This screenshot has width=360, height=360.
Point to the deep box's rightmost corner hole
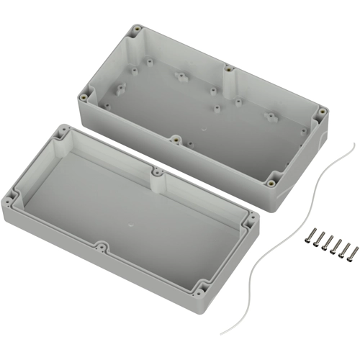[323, 112]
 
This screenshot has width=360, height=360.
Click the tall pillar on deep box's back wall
[227, 71]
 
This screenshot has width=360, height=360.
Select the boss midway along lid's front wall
[102, 247]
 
